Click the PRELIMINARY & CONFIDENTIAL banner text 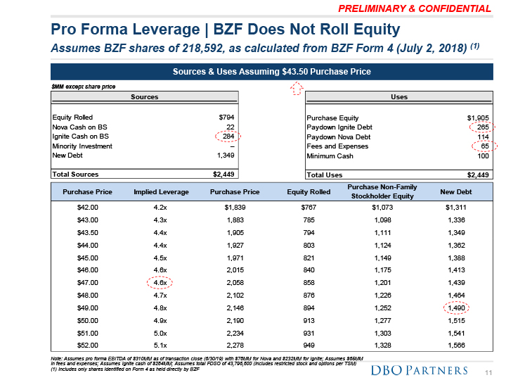[414, 9]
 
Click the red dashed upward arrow [297, 87]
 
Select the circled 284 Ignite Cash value [227, 137]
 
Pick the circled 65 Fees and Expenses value [483, 146]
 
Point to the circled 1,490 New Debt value [456, 307]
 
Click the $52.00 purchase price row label [88, 345]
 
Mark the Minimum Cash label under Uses [330, 156]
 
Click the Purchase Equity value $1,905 [478, 118]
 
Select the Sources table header [145, 97]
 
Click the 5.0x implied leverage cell [159, 332]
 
